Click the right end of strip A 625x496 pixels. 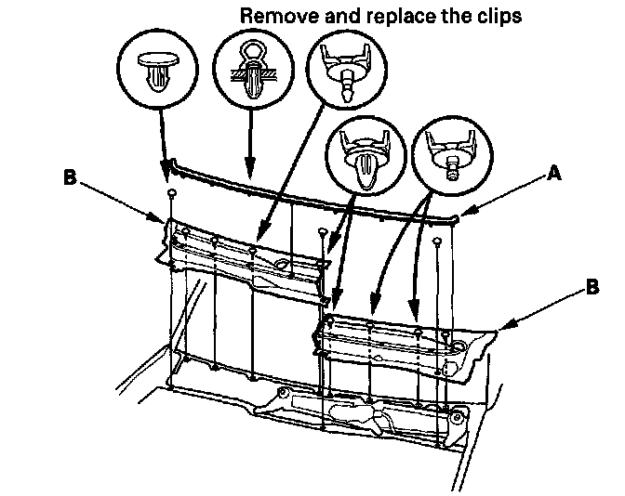pos(457,220)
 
